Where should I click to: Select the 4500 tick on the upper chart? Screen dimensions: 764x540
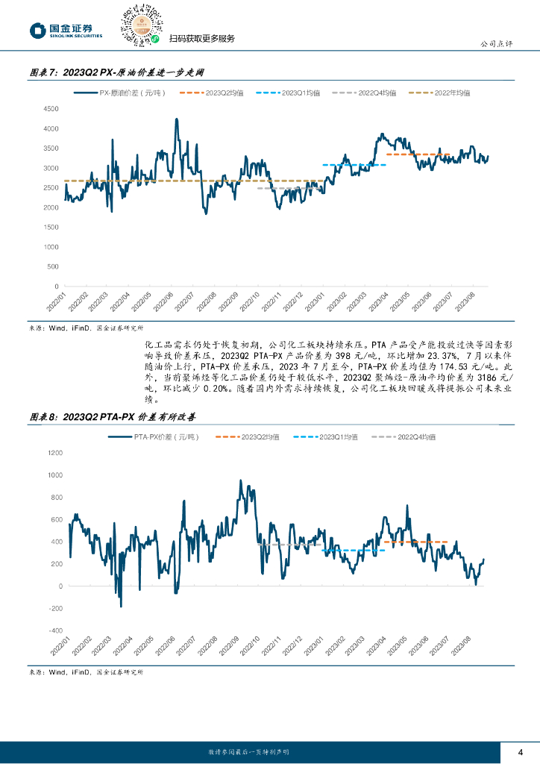coord(51,109)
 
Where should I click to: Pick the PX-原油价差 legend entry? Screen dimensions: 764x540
coord(119,93)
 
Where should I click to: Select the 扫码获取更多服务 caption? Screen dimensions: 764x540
coord(202,39)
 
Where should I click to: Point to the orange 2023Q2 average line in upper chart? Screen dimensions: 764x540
coord(418,154)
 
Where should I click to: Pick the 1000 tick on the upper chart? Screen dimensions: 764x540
coord(51,247)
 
